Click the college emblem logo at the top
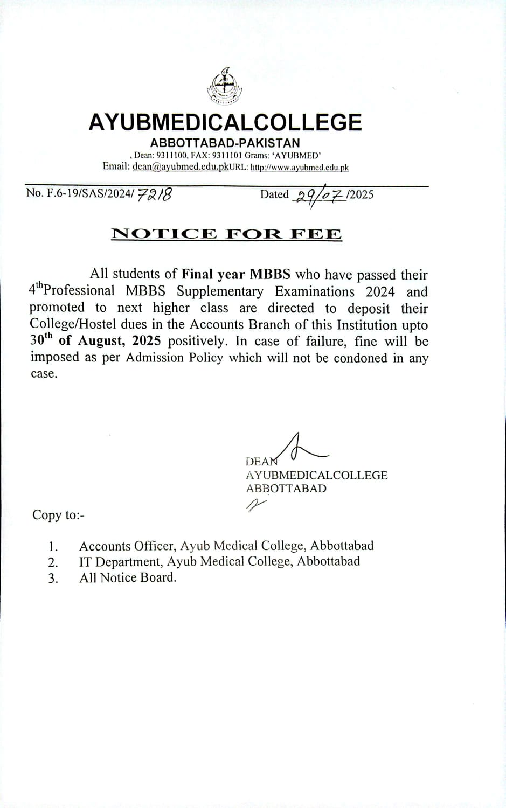click(225, 86)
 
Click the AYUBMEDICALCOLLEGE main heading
click(225, 123)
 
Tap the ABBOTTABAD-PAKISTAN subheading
click(225, 143)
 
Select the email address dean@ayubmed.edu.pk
click(181, 166)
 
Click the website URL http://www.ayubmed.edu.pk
click(300, 168)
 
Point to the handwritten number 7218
click(155, 194)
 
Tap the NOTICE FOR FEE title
click(226, 234)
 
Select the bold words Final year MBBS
click(236, 274)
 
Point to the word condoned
click(360, 358)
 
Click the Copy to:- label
click(58, 515)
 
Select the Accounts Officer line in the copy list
click(226, 546)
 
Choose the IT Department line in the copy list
click(219, 561)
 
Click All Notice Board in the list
click(128, 577)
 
